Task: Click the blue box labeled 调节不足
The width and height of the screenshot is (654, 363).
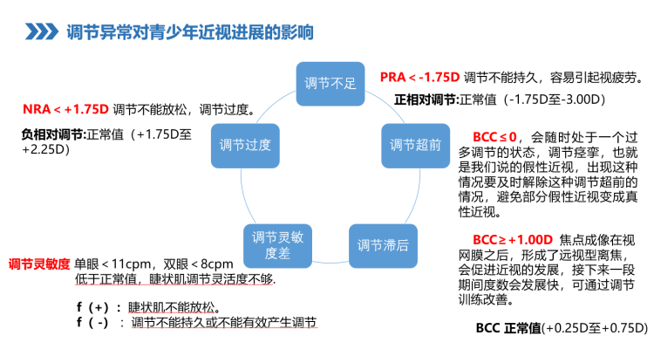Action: pyautogui.click(x=330, y=85)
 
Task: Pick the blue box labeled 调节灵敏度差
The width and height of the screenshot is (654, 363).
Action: pyautogui.click(x=276, y=245)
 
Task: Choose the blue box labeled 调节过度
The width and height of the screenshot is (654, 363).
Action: pyautogui.click(x=245, y=144)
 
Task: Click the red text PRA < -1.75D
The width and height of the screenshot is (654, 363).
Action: pyautogui.click(x=419, y=78)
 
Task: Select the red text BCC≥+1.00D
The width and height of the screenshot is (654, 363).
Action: pyautogui.click(x=513, y=239)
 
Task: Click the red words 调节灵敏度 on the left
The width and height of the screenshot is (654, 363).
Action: pyautogui.click(x=38, y=264)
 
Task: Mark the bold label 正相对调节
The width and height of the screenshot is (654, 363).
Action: pyautogui.click(x=426, y=99)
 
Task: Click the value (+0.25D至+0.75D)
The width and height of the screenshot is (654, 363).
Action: pyautogui.click(x=595, y=329)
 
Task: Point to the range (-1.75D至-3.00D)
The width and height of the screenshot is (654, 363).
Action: pyautogui.click(x=555, y=99)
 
